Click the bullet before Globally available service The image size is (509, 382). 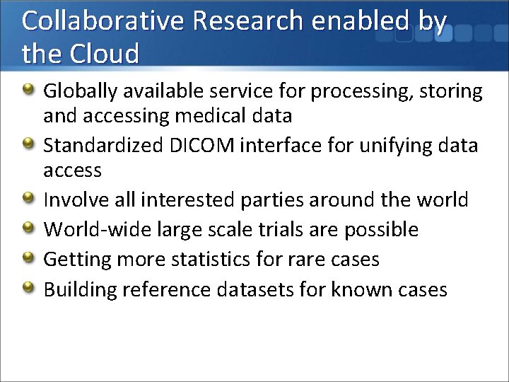pos(28,90)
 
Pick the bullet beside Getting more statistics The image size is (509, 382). pos(28,257)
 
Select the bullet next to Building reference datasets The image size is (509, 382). pos(28,287)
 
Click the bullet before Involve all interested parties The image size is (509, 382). pos(28,198)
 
